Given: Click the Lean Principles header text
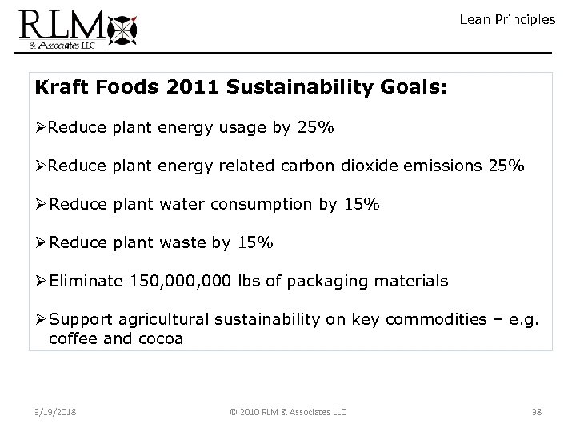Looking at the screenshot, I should click(x=507, y=19).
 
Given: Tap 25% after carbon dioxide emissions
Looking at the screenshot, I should click(x=507, y=166).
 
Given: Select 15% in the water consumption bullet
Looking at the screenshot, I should click(x=363, y=204).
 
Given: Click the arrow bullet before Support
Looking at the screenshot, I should click(x=41, y=320).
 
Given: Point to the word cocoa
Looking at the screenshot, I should click(x=162, y=338).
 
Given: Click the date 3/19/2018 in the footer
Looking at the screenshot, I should click(x=55, y=412).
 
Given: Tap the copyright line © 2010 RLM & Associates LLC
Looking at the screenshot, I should click(x=287, y=412).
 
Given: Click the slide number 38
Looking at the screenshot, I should click(x=536, y=412).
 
